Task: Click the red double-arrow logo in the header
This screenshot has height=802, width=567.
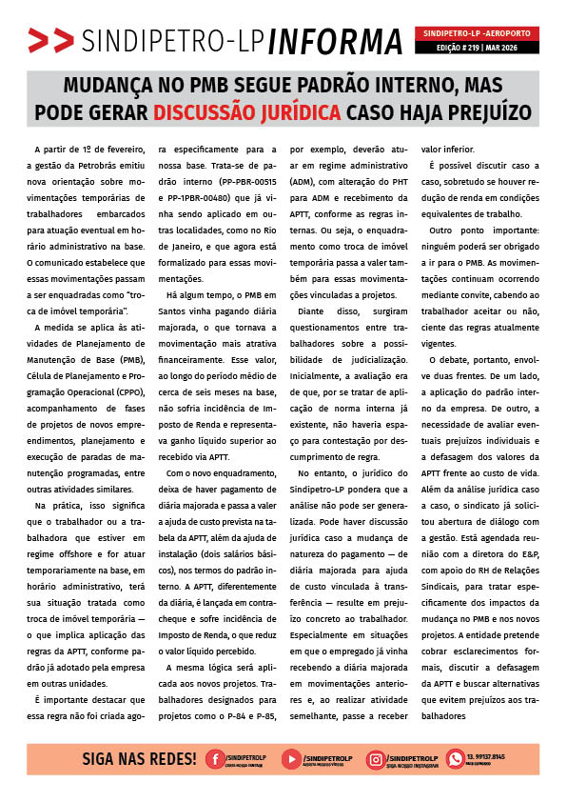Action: click(50, 41)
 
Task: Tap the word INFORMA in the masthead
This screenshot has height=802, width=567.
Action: click(336, 41)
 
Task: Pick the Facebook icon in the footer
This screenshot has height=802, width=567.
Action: click(216, 759)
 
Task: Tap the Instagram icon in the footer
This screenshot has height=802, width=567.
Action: click(377, 759)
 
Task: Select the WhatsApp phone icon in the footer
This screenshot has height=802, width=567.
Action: click(455, 759)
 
